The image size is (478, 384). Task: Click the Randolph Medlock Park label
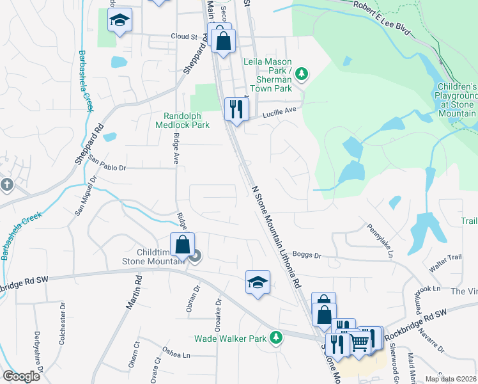click(183, 120)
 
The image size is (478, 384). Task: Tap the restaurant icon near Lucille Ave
click(236, 109)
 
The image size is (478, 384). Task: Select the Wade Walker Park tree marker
click(276, 337)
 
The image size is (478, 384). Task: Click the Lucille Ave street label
click(281, 111)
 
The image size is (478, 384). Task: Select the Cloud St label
click(183, 36)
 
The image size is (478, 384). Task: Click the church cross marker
click(7, 185)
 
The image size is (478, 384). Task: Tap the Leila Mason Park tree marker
click(302, 75)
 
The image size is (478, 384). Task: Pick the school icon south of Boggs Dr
click(258, 282)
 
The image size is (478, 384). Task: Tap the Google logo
click(21, 376)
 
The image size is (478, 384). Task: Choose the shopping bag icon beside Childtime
click(182, 244)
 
